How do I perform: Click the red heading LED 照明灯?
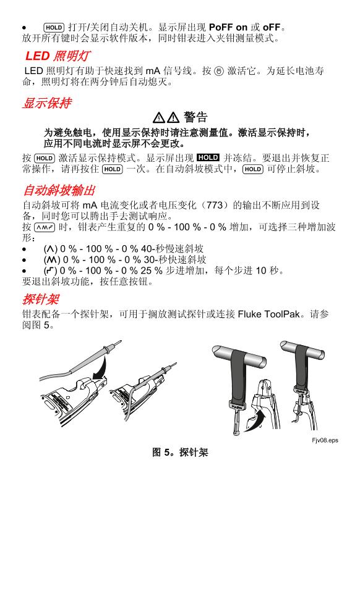point(58,56)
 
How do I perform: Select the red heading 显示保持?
point(47,103)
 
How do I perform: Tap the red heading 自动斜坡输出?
point(59,190)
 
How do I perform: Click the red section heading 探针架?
point(41,299)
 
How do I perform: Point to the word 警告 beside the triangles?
point(195,117)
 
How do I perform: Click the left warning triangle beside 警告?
point(158,117)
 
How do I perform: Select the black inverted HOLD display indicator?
point(208,157)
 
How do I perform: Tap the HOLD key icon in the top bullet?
point(54,27)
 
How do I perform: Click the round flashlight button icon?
point(220,71)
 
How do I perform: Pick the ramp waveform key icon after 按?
point(45,227)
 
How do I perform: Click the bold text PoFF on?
point(228,27)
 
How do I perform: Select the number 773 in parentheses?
point(214,205)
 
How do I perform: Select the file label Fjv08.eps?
point(325,440)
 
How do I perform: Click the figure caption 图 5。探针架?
point(180,452)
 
